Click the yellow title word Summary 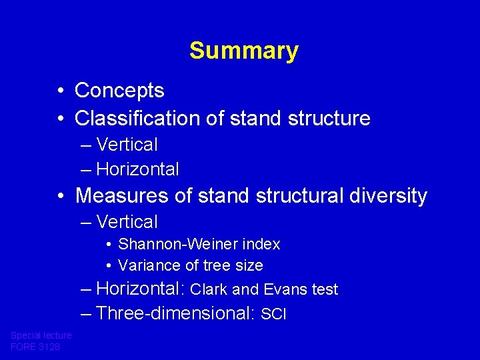[x=243, y=51]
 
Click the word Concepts [x=119, y=90]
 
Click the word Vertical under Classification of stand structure [x=127, y=145]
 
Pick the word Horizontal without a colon [x=137, y=169]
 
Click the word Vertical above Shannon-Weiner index [x=127, y=222]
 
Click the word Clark [x=209, y=289]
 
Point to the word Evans [x=284, y=289]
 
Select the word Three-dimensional [x=175, y=313]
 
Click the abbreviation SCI [x=273, y=314]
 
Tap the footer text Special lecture [x=41, y=336]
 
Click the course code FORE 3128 [x=35, y=347]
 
